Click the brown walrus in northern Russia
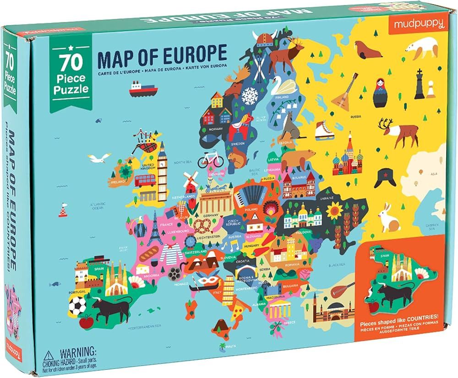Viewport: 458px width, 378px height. click(x=368, y=49)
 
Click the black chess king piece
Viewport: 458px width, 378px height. click(x=420, y=85)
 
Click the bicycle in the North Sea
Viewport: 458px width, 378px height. click(x=210, y=159)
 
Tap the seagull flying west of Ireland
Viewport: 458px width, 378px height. click(x=99, y=158)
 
